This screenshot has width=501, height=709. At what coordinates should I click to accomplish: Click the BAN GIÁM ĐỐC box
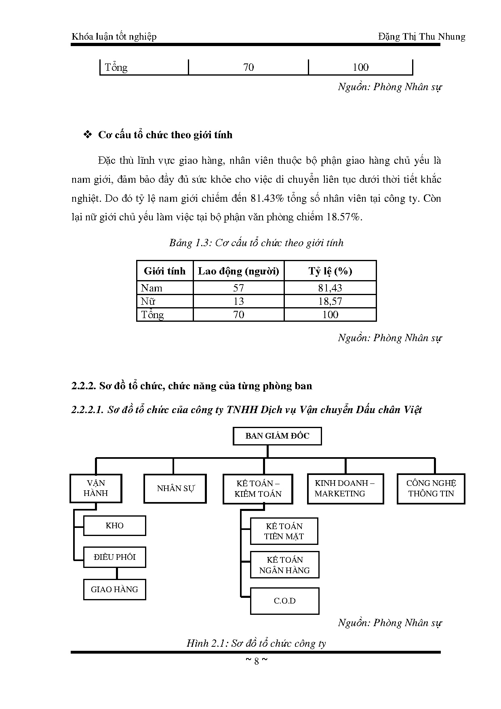[277, 436]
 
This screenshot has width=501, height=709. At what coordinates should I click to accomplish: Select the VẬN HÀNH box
[96, 488]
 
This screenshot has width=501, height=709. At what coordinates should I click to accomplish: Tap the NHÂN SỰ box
[175, 488]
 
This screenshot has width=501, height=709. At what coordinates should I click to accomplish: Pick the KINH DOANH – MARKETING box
[345, 489]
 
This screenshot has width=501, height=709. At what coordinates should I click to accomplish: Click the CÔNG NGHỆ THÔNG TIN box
[431, 489]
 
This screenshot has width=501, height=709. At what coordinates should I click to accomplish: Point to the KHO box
[114, 525]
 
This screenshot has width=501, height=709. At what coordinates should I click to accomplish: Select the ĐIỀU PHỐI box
[114, 557]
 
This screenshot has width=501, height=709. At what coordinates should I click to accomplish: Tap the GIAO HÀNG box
[114, 589]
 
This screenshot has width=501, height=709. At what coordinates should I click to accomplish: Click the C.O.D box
[284, 601]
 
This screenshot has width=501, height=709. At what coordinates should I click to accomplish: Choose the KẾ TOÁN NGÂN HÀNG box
[284, 565]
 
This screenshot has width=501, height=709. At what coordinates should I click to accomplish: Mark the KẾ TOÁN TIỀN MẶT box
[284, 531]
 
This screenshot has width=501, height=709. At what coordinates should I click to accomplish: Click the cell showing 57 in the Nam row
[238, 288]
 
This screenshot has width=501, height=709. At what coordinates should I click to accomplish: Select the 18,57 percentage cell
[330, 301]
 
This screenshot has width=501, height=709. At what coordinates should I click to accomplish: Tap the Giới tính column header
[165, 271]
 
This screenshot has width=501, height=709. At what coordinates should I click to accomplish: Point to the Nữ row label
[148, 301]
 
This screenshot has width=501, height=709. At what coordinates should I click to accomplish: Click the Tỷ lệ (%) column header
[330, 271]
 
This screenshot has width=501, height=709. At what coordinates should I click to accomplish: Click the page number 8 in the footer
[256, 661]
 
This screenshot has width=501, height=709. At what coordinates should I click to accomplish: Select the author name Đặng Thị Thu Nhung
[421, 37]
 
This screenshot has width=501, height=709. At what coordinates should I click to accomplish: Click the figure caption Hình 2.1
[256, 644]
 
